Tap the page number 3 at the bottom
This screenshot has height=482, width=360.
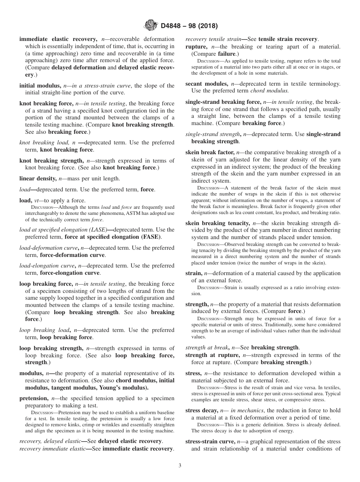[x=180, y=466]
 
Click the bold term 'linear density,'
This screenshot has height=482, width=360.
[x=39, y=178]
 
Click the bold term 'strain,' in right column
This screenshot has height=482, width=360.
[x=194, y=273]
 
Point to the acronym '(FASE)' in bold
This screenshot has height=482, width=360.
[x=151, y=237]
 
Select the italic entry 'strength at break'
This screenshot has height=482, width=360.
[x=207, y=347]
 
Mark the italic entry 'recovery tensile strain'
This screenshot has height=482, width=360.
[x=213, y=39]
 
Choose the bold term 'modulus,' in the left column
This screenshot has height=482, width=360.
[x=32, y=373]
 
